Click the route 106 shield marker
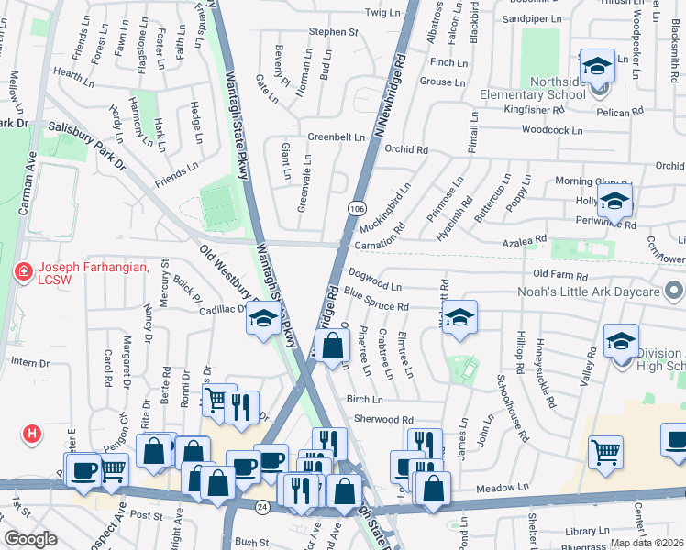tap(355, 210)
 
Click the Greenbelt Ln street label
tap(336, 137)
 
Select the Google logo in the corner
tap(30, 539)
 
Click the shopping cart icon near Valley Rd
tap(605, 452)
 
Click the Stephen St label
tap(332, 31)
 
